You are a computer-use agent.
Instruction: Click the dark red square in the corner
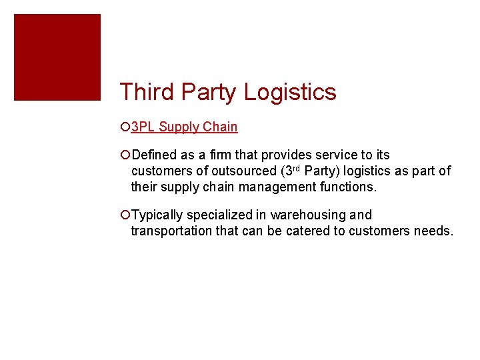(57, 57)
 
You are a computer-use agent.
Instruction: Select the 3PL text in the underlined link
(143, 127)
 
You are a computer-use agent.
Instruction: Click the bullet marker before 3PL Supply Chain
(126, 127)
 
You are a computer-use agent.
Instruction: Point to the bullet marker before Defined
(126, 155)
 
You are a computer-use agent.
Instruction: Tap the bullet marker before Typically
(126, 215)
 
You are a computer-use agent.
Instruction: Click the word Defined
(155, 155)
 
